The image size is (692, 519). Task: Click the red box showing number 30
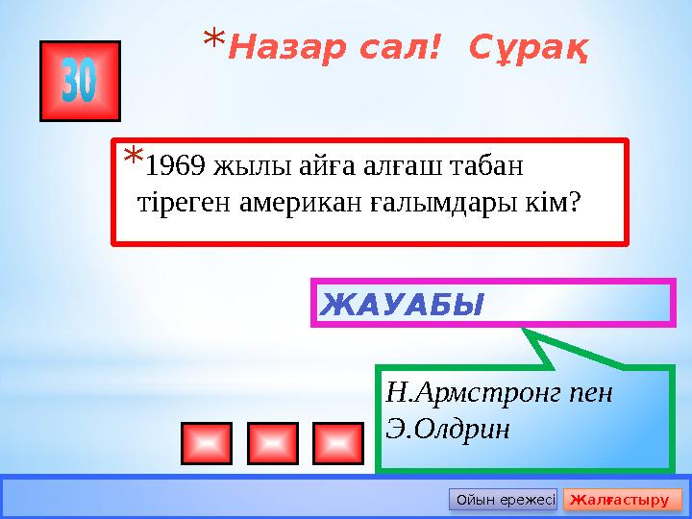click(x=80, y=81)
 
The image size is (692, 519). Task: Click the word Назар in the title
click(x=276, y=45)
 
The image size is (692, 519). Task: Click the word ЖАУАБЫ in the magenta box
click(x=402, y=305)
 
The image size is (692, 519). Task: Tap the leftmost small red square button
click(x=205, y=443)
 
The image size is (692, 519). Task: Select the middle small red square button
click(x=270, y=443)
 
